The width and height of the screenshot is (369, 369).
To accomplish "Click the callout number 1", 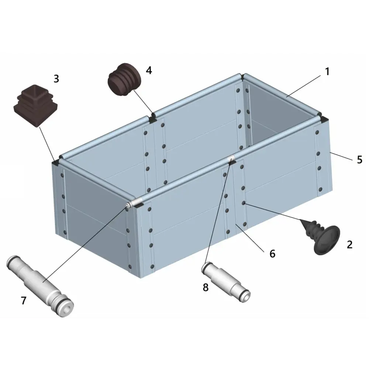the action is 327,72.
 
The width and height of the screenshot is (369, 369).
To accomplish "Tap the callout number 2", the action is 349,245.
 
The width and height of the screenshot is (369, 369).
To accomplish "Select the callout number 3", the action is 56,79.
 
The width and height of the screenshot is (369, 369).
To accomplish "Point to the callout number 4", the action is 149,70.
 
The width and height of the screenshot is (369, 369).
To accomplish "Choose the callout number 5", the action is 359,160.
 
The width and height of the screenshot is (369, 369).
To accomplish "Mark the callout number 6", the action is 272,254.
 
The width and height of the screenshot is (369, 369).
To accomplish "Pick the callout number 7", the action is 24,300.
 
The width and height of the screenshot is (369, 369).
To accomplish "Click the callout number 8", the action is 206,287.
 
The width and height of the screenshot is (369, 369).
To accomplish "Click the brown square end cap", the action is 36,106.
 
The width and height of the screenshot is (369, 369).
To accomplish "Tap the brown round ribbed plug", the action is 124,80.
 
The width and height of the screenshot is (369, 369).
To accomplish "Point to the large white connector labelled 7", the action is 40,286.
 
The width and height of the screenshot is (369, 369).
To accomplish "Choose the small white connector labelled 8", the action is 226,282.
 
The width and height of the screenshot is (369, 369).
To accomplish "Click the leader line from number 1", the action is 304,86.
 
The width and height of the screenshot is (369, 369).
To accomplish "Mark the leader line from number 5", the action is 342,156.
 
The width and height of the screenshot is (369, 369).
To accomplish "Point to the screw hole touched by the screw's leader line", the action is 244,203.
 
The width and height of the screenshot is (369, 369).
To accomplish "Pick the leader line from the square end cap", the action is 48,144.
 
